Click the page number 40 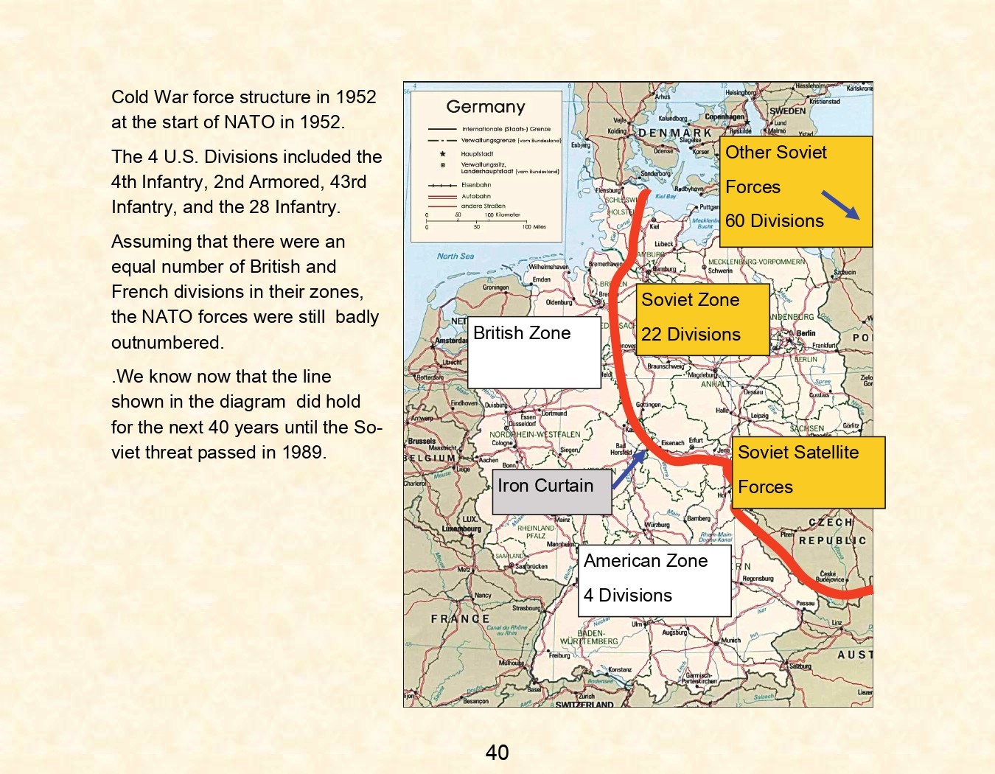[497, 752]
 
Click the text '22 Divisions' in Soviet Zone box [691, 335]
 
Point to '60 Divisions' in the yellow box [774, 221]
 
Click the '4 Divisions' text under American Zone [628, 596]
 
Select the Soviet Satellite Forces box [808, 471]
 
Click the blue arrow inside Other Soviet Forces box [840, 205]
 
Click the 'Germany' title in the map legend [485, 107]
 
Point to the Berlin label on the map [806, 333]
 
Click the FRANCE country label [460, 618]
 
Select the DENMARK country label [674, 133]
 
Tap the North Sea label [455, 256]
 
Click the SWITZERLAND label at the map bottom [584, 705]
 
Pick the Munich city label [730, 640]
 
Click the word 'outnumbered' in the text [166, 343]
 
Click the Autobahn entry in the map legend [475, 196]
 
